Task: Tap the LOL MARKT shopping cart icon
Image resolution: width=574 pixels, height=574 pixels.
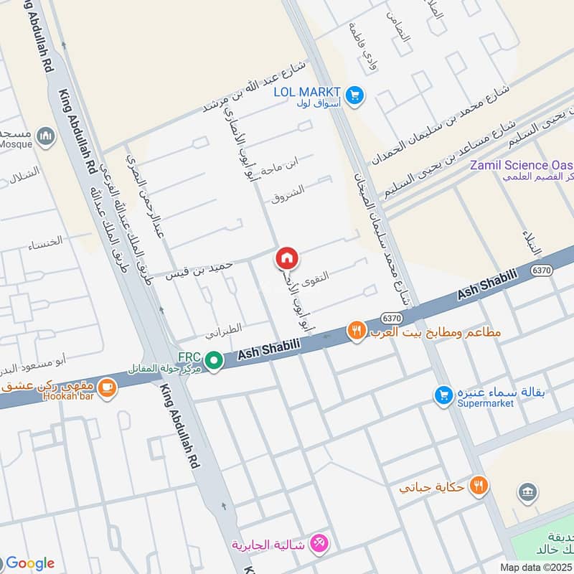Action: pyautogui.click(x=354, y=94)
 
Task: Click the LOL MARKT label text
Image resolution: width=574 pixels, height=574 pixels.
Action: pyautogui.click(x=307, y=90)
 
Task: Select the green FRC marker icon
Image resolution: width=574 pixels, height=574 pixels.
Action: pyautogui.click(x=212, y=360)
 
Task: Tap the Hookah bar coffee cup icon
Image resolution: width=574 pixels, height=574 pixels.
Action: pyautogui.click(x=108, y=388)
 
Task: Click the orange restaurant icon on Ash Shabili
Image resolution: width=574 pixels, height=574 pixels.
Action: pyautogui.click(x=357, y=331)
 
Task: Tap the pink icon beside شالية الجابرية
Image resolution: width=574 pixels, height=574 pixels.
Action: pyautogui.click(x=321, y=545)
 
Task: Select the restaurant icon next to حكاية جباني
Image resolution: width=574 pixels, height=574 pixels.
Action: pyautogui.click(x=479, y=486)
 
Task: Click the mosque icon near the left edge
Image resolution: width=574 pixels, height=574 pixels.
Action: pyautogui.click(x=47, y=136)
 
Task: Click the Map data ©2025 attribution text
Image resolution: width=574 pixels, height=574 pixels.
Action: pyautogui.click(x=535, y=567)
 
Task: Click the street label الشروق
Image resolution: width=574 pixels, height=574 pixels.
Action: pyautogui.click(x=288, y=193)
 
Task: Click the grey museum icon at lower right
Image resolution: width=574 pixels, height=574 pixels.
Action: pyautogui.click(x=527, y=492)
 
